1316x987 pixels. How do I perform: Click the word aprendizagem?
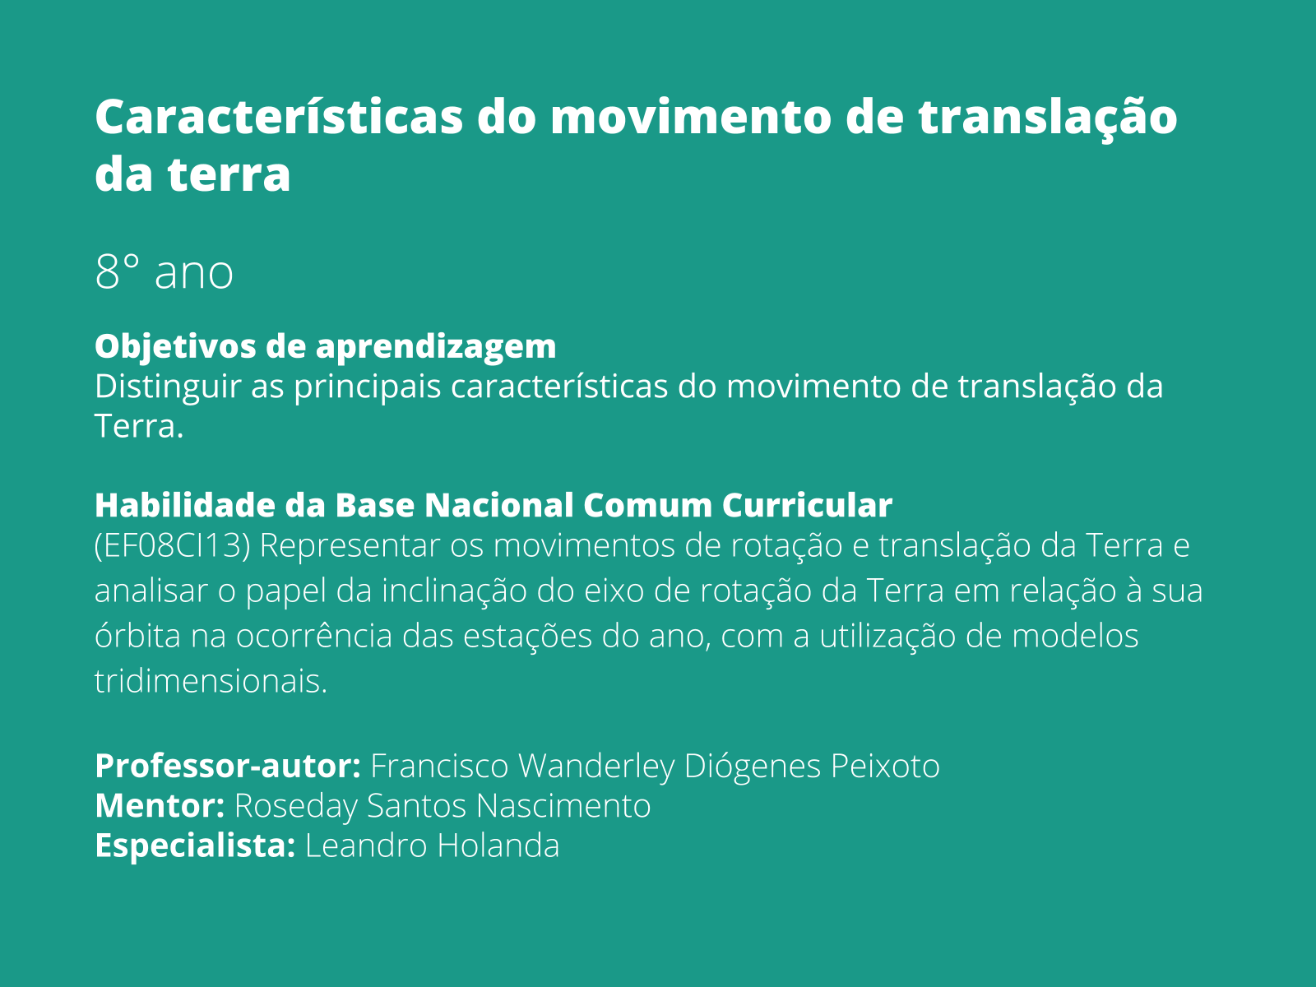tap(436, 347)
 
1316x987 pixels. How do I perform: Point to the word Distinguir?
tap(168, 387)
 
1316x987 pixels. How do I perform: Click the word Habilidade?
tap(185, 505)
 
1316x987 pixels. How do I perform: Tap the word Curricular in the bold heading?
tap(807, 505)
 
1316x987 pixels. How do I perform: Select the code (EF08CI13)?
tap(172, 546)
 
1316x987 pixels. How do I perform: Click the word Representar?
tap(350, 546)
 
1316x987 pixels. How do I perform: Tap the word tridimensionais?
tap(211, 681)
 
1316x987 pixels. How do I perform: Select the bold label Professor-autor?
tap(228, 767)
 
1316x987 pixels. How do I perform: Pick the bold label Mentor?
tap(160, 806)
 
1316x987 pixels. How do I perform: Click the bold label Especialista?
tap(195, 846)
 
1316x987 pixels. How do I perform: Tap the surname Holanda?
tap(498, 846)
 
